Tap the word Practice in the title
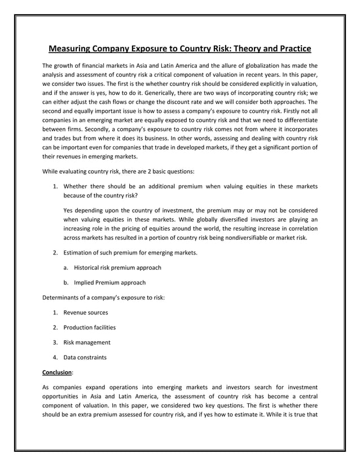click(x=288, y=49)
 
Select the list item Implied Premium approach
click(x=109, y=283)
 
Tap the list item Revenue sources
click(x=85, y=313)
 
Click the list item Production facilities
click(x=89, y=327)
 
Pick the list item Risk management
click(x=86, y=342)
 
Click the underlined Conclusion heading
click(x=56, y=372)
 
